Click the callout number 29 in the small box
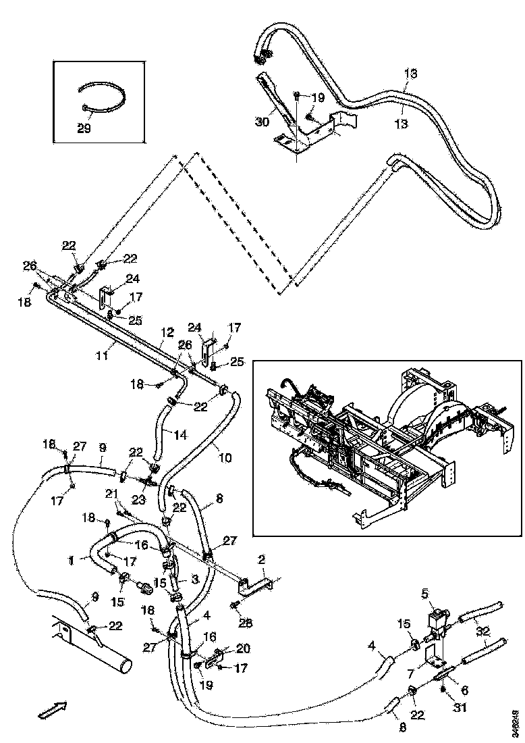click(84, 128)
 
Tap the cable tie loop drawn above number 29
click(101, 95)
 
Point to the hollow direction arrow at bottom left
click(52, 709)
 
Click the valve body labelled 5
click(439, 619)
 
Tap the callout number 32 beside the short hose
click(483, 631)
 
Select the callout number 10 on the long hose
click(225, 457)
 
